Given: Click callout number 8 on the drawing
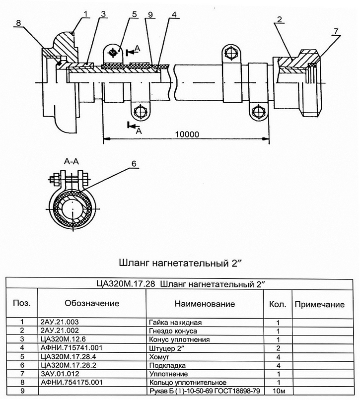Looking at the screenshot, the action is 18,23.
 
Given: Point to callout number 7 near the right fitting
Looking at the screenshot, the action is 336,31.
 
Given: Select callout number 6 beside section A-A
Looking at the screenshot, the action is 134,163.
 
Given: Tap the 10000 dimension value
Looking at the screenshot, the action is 187,134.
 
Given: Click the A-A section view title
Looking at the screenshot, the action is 72,161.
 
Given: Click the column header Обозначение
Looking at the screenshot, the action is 92,303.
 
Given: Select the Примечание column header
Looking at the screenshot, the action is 320,304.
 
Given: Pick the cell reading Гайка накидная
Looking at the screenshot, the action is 175,323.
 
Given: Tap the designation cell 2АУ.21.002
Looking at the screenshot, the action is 60,331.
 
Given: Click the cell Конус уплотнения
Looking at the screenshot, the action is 179,339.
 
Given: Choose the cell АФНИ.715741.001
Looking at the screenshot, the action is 72,348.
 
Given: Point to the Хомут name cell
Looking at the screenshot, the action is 159,357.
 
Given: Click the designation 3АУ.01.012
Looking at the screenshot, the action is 60,374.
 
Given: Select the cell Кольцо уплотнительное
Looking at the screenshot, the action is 188,383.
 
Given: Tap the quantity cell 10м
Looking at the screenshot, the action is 279,391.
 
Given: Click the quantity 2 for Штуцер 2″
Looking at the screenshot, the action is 278,348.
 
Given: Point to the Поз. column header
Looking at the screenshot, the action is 22,303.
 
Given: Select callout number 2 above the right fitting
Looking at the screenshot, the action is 280,19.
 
